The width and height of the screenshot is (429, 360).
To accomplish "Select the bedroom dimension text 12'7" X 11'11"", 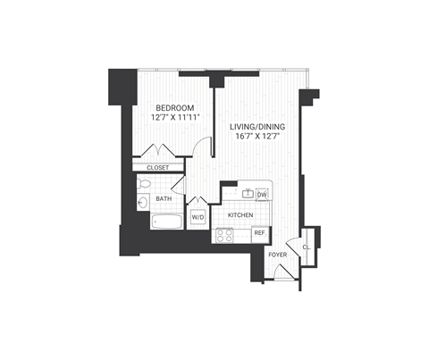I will point(169,116).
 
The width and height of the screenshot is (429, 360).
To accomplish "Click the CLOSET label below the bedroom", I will point(157,167).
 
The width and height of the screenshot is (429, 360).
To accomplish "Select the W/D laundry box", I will point(198,216).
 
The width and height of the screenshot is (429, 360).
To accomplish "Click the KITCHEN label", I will point(241,215).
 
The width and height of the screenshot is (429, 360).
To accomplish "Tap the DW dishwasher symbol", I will point(262,194).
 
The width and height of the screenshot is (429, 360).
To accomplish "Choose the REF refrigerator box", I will point(259,233).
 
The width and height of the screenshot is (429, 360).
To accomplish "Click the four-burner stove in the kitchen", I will point(225,236).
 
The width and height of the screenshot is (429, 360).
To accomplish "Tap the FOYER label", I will point(279,255).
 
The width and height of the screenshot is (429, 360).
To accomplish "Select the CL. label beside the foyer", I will point(306,246).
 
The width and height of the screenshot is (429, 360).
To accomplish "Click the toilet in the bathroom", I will point(144,185).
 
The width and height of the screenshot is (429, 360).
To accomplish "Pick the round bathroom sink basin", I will point(144,203).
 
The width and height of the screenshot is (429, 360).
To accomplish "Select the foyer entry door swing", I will point(290,245).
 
